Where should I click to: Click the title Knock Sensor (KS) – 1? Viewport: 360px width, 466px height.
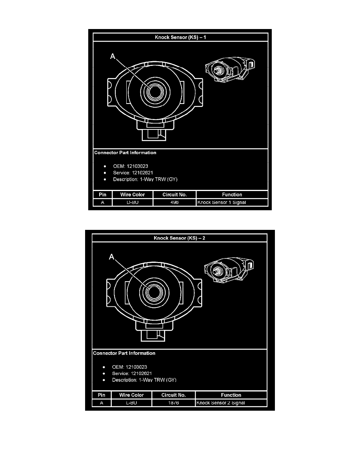click(x=180, y=37)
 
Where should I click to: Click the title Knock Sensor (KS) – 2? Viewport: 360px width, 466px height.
click(x=179, y=238)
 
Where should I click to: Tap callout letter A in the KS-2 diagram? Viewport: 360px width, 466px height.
click(x=111, y=257)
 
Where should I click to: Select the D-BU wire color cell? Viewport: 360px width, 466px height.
click(x=133, y=203)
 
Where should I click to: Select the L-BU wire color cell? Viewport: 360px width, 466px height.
click(x=131, y=403)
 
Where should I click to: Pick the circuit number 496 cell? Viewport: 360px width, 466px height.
click(x=175, y=203)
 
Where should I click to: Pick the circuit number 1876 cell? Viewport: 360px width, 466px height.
click(x=173, y=403)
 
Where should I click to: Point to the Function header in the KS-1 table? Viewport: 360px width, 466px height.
click(x=232, y=195)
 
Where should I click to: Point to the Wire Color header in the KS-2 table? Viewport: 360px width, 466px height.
click(x=131, y=395)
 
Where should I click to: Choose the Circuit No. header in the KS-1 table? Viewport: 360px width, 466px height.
click(x=175, y=195)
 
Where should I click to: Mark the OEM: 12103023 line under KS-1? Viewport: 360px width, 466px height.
click(x=131, y=166)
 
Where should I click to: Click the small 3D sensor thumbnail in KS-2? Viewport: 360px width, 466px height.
click(x=225, y=269)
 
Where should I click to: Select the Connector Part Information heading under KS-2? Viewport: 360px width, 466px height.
click(x=124, y=353)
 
